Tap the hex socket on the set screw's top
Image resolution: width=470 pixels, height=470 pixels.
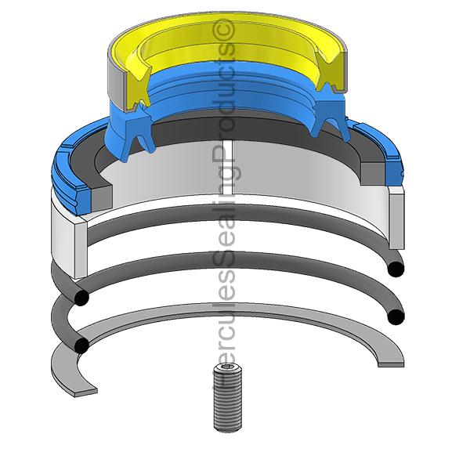click(227, 367)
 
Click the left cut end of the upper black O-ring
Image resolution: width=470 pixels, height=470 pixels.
click(81, 298)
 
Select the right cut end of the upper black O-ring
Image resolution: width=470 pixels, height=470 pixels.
click(396, 269)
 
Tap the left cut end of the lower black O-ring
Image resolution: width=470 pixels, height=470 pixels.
click(81, 345)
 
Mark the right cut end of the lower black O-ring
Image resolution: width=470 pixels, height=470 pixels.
click(396, 316)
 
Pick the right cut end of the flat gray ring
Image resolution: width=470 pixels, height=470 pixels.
click(391, 363)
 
